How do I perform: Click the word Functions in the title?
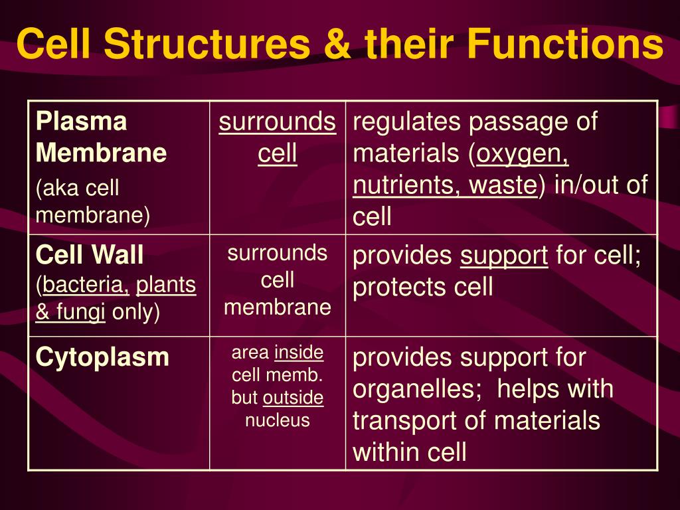click(x=564, y=44)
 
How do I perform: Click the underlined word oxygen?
click(x=523, y=154)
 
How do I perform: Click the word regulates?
click(x=406, y=122)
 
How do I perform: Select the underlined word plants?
click(x=166, y=286)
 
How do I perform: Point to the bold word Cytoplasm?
click(x=103, y=357)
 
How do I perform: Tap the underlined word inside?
click(x=299, y=353)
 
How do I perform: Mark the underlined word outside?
click(x=294, y=398)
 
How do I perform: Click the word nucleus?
click(x=278, y=420)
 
